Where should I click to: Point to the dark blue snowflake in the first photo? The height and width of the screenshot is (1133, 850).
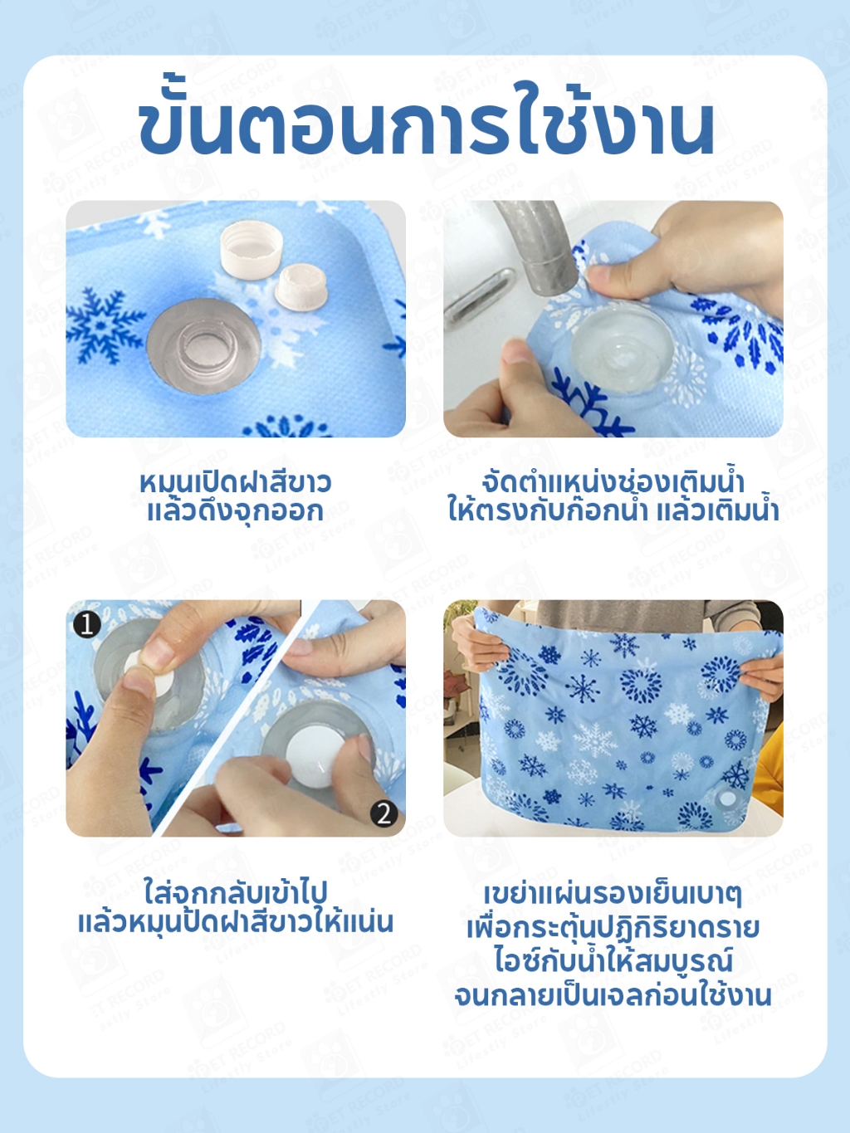pos(105,325)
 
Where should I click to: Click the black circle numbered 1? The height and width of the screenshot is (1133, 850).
pos(86,624)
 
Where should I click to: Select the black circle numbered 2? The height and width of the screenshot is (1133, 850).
pos(384,814)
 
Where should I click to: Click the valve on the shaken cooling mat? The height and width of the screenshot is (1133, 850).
pos(728,799)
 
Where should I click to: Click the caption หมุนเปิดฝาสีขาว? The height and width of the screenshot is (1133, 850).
pos(236,483)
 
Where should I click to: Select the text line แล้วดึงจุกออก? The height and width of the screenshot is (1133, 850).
pos(236,512)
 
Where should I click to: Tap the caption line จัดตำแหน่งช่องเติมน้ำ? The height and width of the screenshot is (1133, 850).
pos(613,481)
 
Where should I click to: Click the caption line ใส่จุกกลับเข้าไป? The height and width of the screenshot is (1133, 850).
pos(236,893)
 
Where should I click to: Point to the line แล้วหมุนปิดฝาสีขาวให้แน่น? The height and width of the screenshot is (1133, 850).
pos(236,923)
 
